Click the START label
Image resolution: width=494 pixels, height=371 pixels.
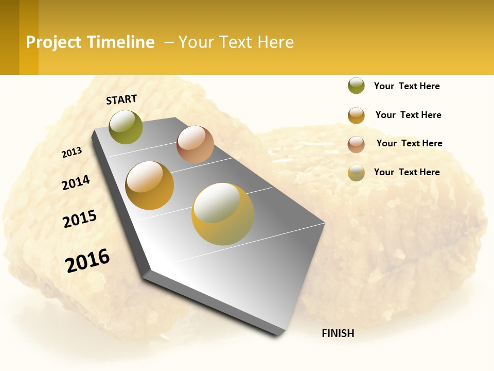tap(121, 99)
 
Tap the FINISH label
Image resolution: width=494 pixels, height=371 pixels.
tap(338, 333)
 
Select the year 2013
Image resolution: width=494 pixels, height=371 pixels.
tap(72, 153)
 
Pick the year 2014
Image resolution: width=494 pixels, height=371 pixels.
tap(76, 182)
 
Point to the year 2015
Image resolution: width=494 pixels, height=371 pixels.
tap(80, 219)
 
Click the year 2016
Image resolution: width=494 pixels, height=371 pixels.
tap(87, 260)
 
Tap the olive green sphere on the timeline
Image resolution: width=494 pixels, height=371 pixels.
tap(126, 127)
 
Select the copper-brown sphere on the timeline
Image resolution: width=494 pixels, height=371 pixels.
tap(195, 144)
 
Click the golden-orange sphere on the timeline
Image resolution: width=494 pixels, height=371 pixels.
tap(150, 185)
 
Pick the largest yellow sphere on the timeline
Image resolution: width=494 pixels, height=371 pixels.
tap(223, 214)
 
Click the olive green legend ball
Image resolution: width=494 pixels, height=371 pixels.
tap(356, 86)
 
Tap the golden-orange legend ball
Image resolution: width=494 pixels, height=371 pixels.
tap(356, 115)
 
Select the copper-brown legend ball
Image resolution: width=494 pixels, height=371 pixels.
tap(356, 144)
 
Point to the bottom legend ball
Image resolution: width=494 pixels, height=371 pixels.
tap(356, 173)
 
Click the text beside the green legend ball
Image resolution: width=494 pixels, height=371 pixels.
tap(407, 87)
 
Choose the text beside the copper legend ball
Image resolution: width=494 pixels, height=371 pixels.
tap(409, 143)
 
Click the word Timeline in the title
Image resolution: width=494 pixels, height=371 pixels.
tap(120, 42)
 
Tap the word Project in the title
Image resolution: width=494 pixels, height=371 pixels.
tap(54, 42)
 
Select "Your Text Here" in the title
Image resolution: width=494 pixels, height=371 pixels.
tap(236, 42)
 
